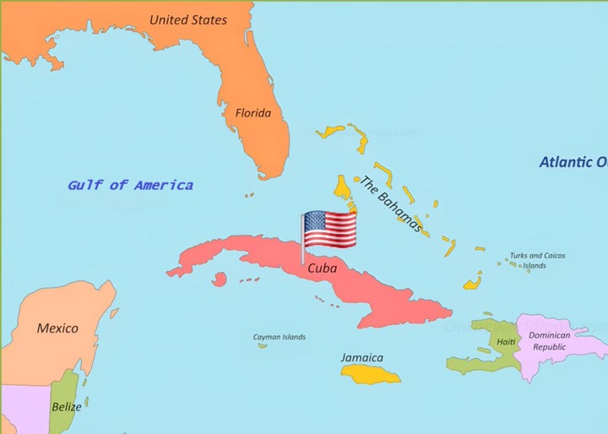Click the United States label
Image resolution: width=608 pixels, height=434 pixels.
coord(188,19)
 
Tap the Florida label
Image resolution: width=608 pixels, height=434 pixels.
coord(253,112)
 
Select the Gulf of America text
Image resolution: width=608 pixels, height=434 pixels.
coord(130,185)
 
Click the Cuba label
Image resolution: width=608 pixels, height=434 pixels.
coord(322,268)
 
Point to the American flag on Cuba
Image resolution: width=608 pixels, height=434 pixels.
coord(330,228)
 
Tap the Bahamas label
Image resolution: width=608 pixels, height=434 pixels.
coord(390,203)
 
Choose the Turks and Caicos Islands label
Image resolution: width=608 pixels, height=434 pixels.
coord(537,260)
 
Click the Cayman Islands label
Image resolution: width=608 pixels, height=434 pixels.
coord(280,337)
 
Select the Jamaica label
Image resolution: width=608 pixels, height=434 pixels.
coord(362,357)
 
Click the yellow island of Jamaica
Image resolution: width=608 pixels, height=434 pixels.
coord(372,373)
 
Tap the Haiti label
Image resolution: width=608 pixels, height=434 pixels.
coord(506,341)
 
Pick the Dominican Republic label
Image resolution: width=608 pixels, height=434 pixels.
coord(549,340)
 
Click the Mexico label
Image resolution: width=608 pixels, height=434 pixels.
coord(57,328)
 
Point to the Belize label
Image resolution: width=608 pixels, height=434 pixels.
coord(68,406)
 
